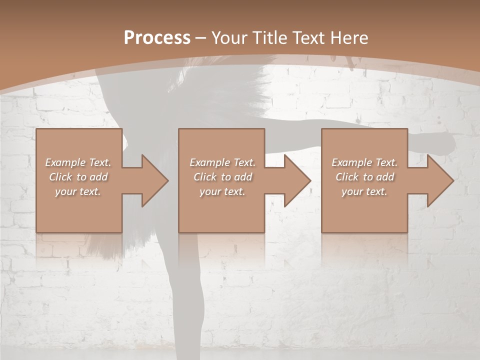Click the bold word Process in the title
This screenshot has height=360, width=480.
point(157,38)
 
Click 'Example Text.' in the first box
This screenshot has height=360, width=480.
point(78,162)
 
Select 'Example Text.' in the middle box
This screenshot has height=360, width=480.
point(222,162)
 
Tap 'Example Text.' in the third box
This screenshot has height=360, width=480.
point(364,162)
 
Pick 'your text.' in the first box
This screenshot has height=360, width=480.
point(78,191)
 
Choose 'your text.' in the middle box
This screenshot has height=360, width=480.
point(222,191)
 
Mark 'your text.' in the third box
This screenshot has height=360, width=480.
point(364,191)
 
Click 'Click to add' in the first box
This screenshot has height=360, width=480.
point(78,177)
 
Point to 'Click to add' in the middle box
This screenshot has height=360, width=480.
point(222,177)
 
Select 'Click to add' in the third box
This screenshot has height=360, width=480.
point(364,177)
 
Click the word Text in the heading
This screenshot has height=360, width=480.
point(308,38)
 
